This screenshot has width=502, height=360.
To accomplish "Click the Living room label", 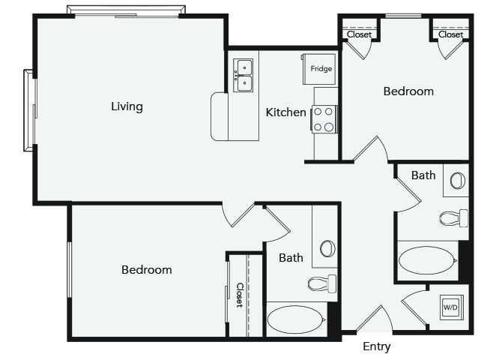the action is (x=127, y=106).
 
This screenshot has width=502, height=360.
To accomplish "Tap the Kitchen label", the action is (x=285, y=112).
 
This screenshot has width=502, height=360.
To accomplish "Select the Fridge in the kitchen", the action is (x=319, y=69).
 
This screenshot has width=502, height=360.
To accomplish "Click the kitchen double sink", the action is (x=243, y=75).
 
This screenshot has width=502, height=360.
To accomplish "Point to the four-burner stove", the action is (x=324, y=119).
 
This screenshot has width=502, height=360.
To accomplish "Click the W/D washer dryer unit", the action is (x=450, y=307).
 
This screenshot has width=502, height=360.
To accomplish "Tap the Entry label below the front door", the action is (x=376, y=346).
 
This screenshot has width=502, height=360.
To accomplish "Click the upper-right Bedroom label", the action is (x=408, y=91).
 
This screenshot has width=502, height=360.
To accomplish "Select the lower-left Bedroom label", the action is (x=147, y=269).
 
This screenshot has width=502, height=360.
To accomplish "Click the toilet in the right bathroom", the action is (x=453, y=218).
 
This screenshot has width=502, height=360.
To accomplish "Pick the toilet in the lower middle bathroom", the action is (x=322, y=283).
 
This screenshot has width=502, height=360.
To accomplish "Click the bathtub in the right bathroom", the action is (x=428, y=260).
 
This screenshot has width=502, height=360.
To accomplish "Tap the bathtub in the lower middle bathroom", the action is (x=296, y=319).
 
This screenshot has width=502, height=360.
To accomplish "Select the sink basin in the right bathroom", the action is (x=458, y=181).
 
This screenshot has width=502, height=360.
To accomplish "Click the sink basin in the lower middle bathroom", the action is (x=327, y=248).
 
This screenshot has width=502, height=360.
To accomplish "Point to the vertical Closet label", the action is (x=240, y=295).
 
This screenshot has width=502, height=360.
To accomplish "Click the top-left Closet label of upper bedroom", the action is (x=359, y=34).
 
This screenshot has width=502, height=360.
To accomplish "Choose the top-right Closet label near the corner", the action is (x=450, y=34).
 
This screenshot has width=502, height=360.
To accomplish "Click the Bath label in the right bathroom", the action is (x=423, y=175).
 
